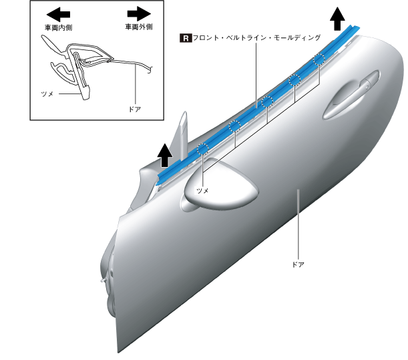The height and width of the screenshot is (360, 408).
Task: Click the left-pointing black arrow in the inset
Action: (59, 13)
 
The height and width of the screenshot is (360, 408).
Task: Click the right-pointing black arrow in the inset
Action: (138, 13)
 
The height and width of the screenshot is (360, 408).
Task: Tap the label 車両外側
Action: (138, 27)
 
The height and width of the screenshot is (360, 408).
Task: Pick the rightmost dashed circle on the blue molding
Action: (319, 58)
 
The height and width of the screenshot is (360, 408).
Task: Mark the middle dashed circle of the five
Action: (266, 102)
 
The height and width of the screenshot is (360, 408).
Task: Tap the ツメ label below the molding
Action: (202, 190)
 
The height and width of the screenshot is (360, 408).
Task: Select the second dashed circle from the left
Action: (234, 126)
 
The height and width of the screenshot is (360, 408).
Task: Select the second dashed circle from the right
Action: (294, 80)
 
